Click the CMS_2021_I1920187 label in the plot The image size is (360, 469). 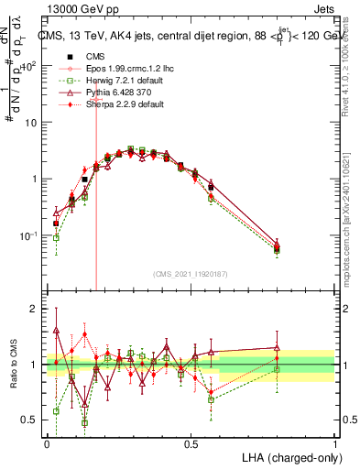[x=191, y=273]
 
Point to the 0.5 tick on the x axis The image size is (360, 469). [x=191, y=442]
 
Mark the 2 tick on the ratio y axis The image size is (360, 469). [x=36, y=309]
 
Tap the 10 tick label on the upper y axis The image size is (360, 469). [x=29, y=122]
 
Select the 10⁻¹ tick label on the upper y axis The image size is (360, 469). [x=28, y=235]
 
